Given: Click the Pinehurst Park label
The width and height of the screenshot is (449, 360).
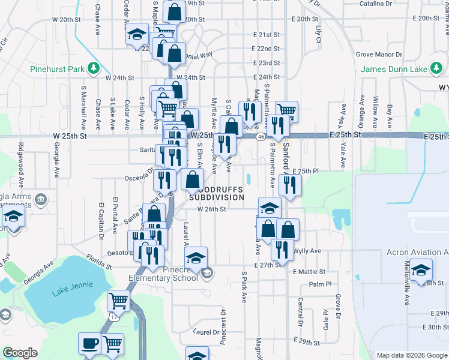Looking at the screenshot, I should tap(57, 69).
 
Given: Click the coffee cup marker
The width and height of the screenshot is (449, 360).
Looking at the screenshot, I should tap(89, 344).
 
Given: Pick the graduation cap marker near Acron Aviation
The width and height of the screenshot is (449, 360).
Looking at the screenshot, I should tap(422, 269).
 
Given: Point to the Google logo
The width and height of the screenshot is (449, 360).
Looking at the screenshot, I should tap(20, 353).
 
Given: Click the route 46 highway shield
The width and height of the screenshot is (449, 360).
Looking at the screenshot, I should tap(261, 137).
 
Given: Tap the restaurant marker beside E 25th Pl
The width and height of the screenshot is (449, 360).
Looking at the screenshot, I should tap(289, 185).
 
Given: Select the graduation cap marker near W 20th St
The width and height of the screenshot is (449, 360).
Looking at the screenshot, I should tap(137, 34).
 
